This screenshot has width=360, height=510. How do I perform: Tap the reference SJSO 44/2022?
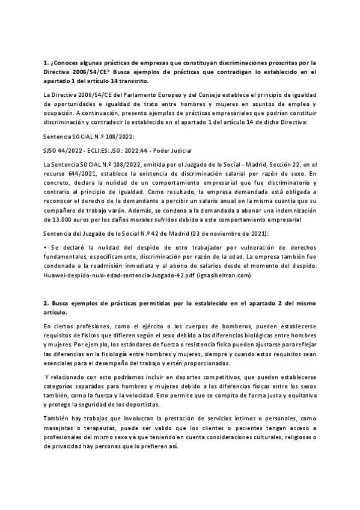(x=66, y=149)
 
